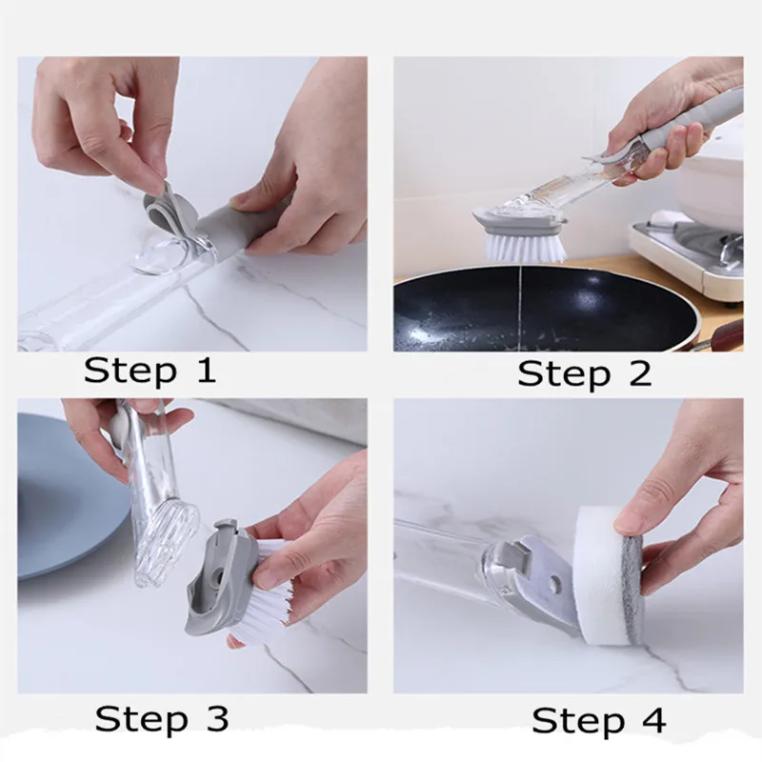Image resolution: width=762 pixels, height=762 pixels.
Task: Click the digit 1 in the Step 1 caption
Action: (x=207, y=371)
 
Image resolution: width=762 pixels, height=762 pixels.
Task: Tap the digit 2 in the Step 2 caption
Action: (x=639, y=373)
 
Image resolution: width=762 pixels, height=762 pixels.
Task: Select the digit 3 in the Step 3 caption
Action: (x=217, y=718)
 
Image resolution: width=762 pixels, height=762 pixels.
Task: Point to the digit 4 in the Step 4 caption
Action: (x=653, y=720)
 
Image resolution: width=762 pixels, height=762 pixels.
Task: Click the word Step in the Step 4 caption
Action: (x=578, y=722)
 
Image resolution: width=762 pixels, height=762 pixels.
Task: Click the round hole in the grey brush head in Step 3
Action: (x=216, y=577)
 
